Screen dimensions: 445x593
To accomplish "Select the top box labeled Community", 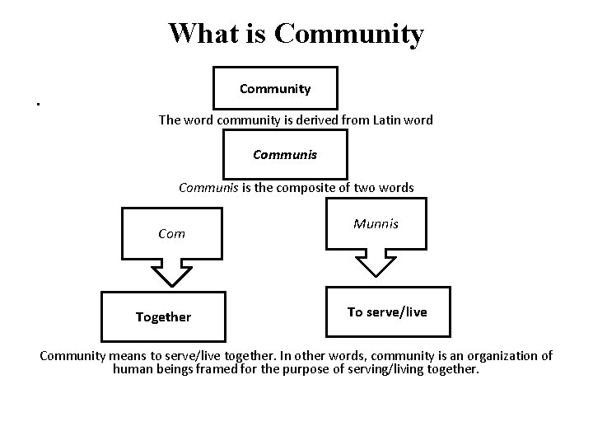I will click(275, 88).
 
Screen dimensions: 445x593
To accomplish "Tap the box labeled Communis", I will click(285, 154).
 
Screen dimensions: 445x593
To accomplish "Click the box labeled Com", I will click(171, 233).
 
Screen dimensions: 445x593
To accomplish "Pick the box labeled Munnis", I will click(376, 223).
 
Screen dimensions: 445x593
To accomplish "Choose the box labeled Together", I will click(163, 316).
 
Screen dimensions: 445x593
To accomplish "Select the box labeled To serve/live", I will click(387, 311).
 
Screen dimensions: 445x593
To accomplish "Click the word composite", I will click(315, 187).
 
